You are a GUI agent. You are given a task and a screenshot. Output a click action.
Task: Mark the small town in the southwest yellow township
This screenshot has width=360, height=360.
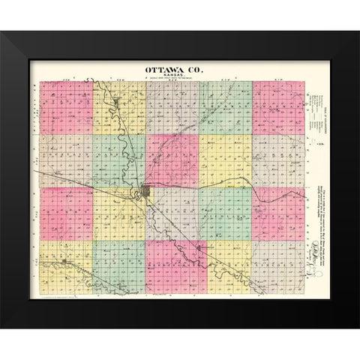(x=67, y=262)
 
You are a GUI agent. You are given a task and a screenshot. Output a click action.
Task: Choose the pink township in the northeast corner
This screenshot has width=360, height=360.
(x=277, y=109)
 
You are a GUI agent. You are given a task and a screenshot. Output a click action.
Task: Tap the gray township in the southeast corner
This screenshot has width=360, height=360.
(x=277, y=267)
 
